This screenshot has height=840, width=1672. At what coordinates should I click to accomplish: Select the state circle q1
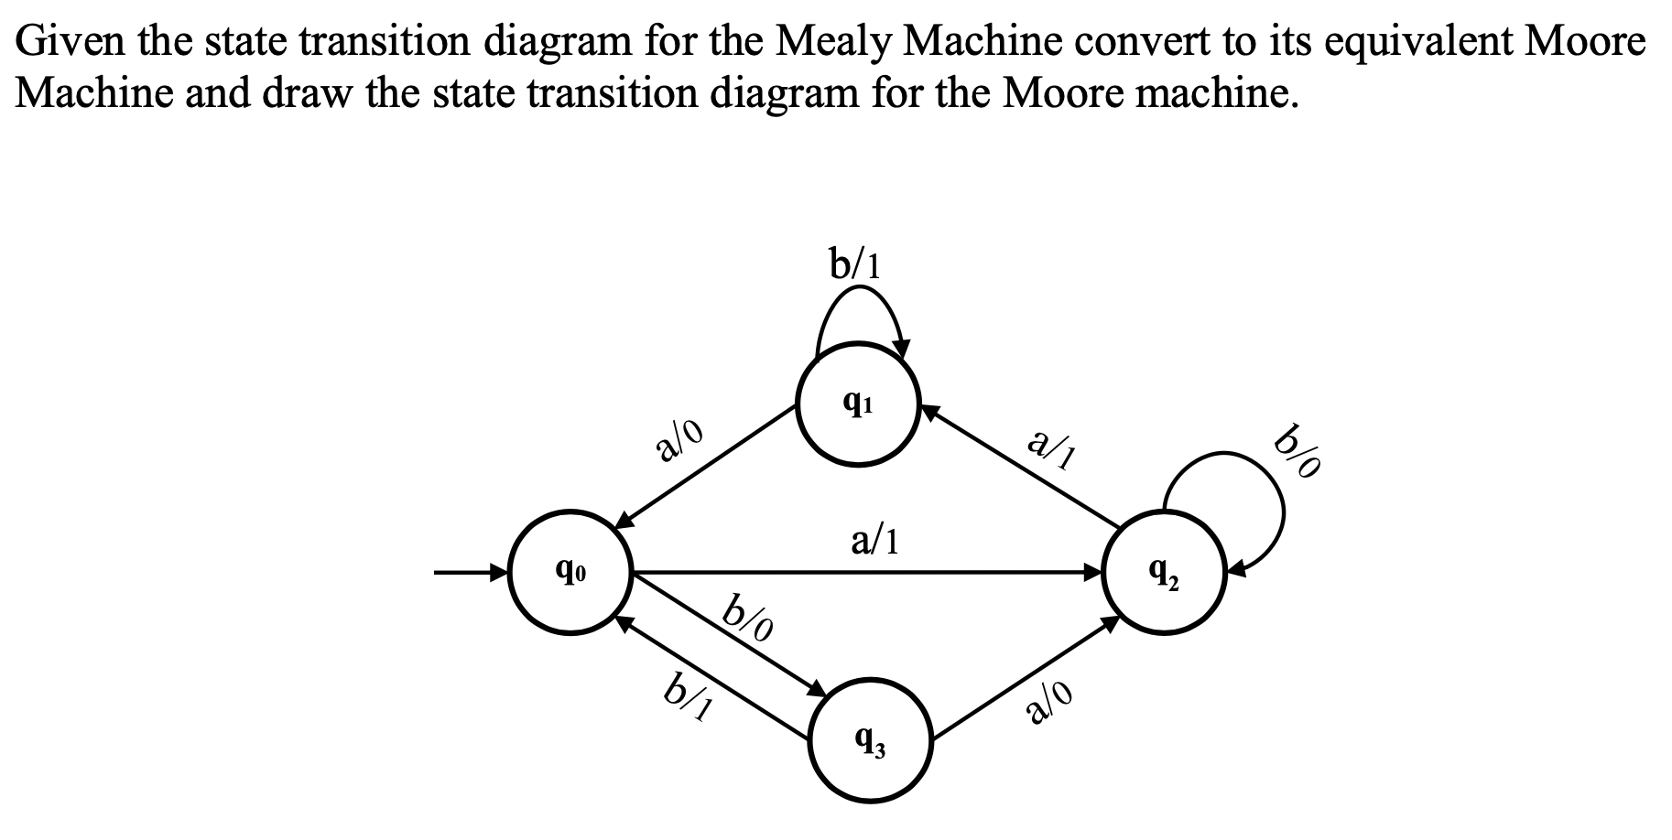point(857,405)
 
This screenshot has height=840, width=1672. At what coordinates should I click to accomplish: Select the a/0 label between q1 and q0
point(679,440)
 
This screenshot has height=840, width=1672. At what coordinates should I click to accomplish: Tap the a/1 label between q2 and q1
point(1051,447)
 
